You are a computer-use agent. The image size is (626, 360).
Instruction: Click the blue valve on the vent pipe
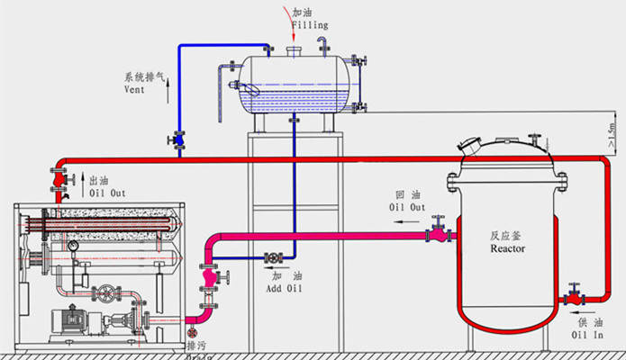pyautogui.click(x=177, y=140)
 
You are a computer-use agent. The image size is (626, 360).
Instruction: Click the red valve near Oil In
pyautogui.click(x=571, y=298)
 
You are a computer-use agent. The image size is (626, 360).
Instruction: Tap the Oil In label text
pyautogui.click(x=587, y=334)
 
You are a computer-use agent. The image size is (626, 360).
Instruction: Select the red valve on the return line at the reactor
pyautogui.click(x=439, y=235)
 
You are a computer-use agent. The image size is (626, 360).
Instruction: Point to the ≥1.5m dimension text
pyautogui.click(x=612, y=134)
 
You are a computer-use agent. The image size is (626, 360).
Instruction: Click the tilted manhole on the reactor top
pyautogui.click(x=471, y=142)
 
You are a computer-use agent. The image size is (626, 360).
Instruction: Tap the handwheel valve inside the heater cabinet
pyautogui.click(x=109, y=293)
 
